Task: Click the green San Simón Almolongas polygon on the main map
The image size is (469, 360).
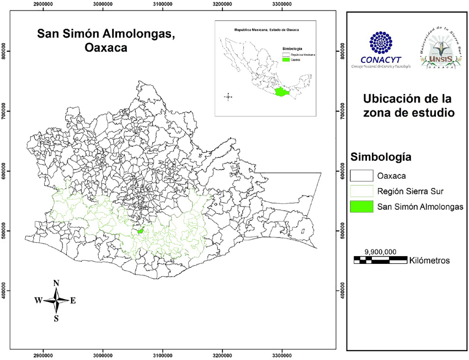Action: pos(140,231)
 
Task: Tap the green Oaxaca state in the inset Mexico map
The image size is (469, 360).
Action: pos(282,92)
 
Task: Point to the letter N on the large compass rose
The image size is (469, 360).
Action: pos(56,283)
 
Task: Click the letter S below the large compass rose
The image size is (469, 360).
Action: pos(56,318)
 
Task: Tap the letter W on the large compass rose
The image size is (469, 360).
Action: pos(38,300)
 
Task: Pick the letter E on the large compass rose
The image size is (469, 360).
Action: pos(73,300)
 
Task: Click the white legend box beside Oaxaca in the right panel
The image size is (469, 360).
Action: pos(362,176)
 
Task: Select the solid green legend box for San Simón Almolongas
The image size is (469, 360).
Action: pos(362,207)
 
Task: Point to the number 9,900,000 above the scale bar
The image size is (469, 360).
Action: pos(380,251)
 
